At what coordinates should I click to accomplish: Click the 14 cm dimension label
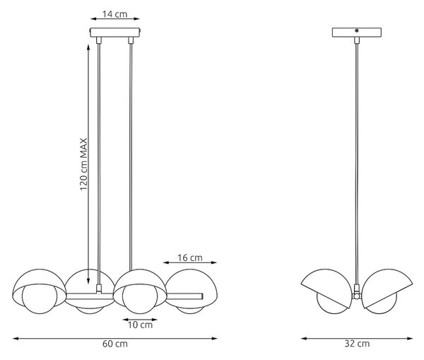[114, 14]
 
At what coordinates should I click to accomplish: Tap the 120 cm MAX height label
[84, 164]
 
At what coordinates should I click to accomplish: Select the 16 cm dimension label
[190, 257]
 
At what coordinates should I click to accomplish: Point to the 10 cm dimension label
[140, 325]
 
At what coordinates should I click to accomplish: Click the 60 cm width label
[115, 344]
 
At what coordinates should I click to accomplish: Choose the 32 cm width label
[357, 344]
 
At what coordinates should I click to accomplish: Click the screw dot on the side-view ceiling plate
[356, 30]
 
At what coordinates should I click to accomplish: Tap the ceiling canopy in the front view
[115, 33]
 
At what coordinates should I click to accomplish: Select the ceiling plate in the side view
[357, 33]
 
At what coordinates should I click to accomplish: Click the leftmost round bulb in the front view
[40, 298]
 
